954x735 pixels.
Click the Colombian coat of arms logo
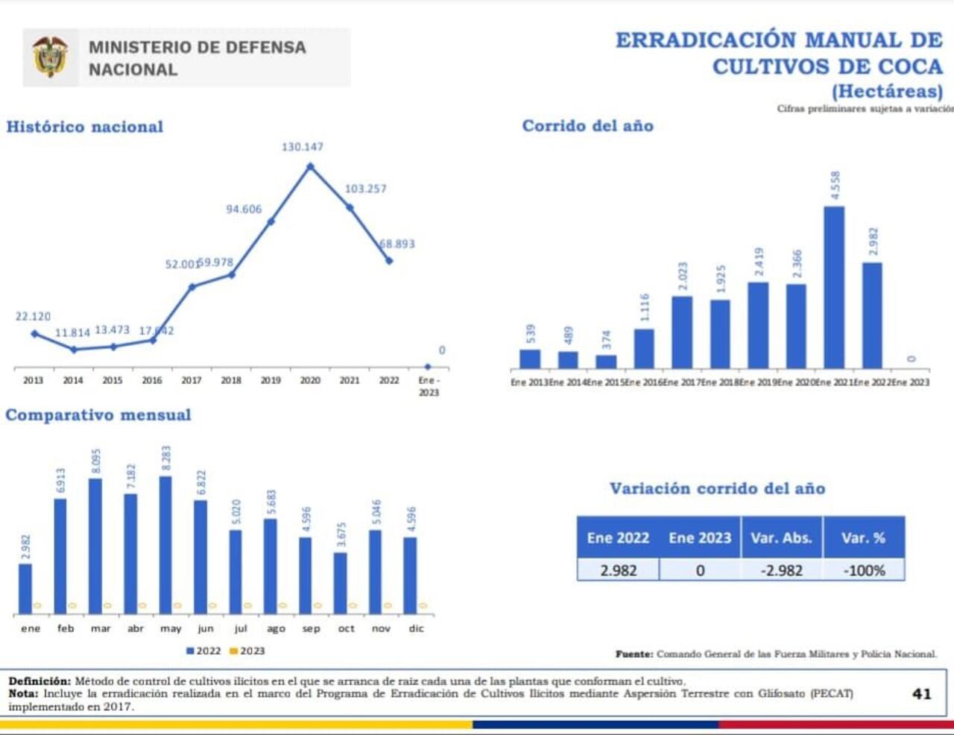(x=50, y=57)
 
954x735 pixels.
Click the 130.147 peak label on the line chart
(x=302, y=147)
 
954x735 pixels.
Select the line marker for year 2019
(x=271, y=221)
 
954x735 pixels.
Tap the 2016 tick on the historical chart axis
(x=152, y=380)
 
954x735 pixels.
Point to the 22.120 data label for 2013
(x=33, y=317)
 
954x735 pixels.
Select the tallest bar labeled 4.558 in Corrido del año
(x=834, y=287)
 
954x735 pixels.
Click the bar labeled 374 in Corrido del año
(x=606, y=362)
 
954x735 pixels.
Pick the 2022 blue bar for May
(x=165, y=545)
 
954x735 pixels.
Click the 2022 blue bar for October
(x=340, y=583)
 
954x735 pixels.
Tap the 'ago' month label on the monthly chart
(x=276, y=629)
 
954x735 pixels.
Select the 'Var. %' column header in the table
(x=863, y=538)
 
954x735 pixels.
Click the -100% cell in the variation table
(x=864, y=571)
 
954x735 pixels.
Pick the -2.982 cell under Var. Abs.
(x=782, y=571)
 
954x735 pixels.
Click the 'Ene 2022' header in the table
(x=618, y=538)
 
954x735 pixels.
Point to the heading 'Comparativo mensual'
(x=98, y=415)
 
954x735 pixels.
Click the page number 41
(x=922, y=693)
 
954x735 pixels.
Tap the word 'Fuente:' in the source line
(x=634, y=654)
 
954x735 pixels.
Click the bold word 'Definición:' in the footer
(x=40, y=681)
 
